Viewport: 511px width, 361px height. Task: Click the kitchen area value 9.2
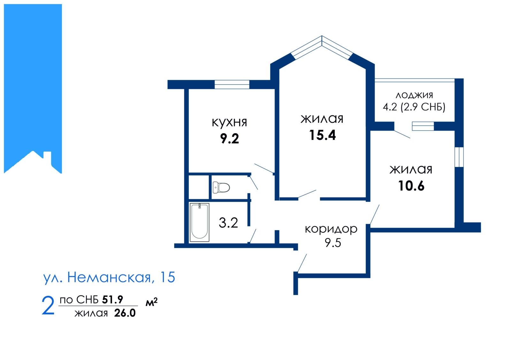tap(230, 139)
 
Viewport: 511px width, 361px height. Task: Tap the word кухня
tap(229, 123)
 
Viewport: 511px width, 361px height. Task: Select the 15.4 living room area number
tap(322, 135)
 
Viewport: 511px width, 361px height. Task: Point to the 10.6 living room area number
tap(411, 186)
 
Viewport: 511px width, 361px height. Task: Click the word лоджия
tap(414, 95)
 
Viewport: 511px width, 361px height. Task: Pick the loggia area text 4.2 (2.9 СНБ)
tap(414, 107)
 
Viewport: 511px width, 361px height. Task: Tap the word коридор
tap(331, 229)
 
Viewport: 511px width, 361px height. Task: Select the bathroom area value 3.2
tap(228, 223)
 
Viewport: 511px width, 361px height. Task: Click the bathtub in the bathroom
tap(199, 222)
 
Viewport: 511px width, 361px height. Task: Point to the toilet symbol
tap(221, 187)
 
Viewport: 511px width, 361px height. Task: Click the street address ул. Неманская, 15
tap(109, 278)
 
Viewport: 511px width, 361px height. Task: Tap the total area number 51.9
tap(112, 299)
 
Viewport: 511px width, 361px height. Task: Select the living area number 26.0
tap(125, 313)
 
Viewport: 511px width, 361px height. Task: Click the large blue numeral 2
tap(48, 305)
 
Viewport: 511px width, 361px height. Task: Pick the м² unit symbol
tap(151, 302)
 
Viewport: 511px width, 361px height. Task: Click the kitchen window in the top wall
tap(232, 84)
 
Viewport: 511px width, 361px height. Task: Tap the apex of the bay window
tap(322, 36)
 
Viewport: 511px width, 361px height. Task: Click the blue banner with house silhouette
tap(33, 89)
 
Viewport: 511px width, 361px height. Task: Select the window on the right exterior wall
tap(459, 157)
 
